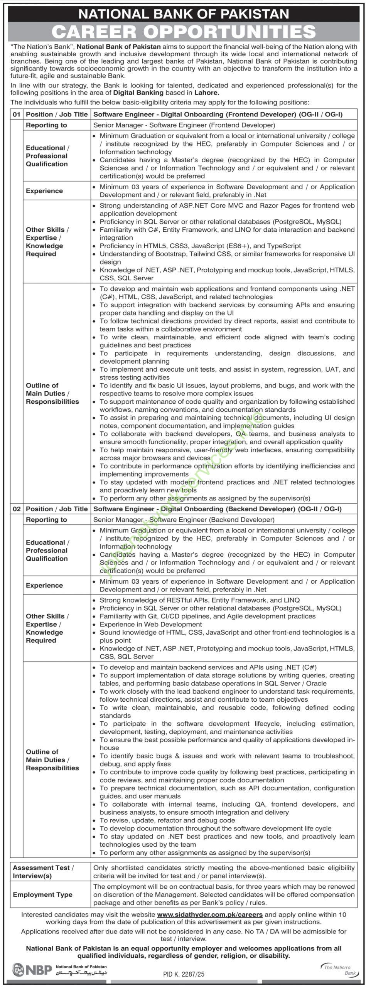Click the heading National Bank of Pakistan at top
[184, 14]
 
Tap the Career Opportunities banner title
[184, 32]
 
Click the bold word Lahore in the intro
[206, 93]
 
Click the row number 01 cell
[16, 114]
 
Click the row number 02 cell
[16, 509]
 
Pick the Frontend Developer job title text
[218, 114]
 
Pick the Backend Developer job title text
[218, 509]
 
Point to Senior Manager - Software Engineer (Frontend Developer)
[184, 125]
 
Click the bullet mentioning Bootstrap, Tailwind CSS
[227, 258]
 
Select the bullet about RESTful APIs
[199, 600]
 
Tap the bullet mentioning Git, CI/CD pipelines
[207, 616]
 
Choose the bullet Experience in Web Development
[151, 624]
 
